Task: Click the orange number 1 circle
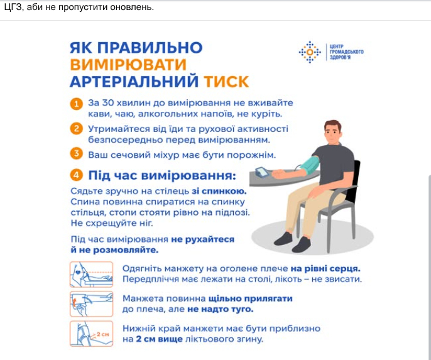pyautogui.click(x=77, y=104)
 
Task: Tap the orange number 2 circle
pyautogui.click(x=77, y=128)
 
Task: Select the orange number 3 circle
pyautogui.click(x=77, y=153)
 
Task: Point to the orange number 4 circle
pyautogui.click(x=77, y=175)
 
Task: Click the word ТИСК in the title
pyautogui.click(x=226, y=82)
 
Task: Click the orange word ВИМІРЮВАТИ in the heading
pyautogui.click(x=128, y=65)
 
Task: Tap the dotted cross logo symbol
pyautogui.click(x=310, y=52)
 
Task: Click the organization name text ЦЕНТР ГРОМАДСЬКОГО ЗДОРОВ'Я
pyautogui.click(x=347, y=52)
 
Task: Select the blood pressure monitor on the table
pyautogui.click(x=263, y=172)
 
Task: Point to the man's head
pyautogui.click(x=333, y=132)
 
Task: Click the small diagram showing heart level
pyautogui.click(x=92, y=275)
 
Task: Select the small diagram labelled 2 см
pyautogui.click(x=92, y=334)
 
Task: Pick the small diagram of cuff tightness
pyautogui.click(x=92, y=304)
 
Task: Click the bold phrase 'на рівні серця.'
pyautogui.click(x=325, y=268)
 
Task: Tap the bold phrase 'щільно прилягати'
pyautogui.click(x=251, y=298)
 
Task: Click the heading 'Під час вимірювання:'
pyautogui.click(x=162, y=175)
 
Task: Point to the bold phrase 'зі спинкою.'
pyautogui.click(x=219, y=191)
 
